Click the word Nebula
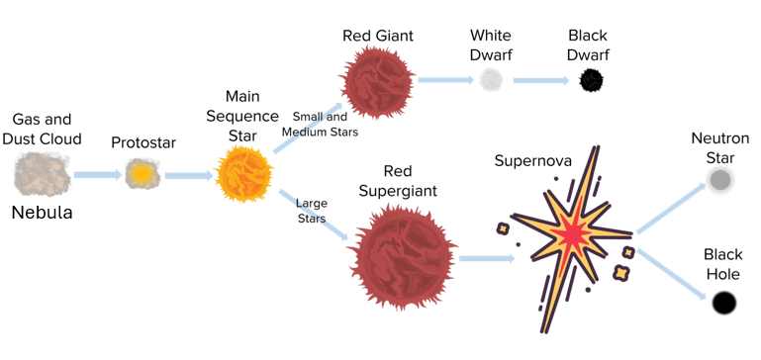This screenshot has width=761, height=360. (43, 213)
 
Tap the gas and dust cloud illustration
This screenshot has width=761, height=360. (43, 175)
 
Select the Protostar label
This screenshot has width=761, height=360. (143, 142)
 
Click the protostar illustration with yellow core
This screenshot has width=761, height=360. (143, 174)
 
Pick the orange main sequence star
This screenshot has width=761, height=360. (244, 174)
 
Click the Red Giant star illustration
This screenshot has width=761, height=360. (378, 82)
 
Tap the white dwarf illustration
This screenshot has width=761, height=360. (491, 79)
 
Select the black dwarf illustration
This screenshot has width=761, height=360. (592, 79)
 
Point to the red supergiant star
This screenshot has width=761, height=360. (402, 257)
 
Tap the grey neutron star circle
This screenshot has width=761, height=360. (720, 180)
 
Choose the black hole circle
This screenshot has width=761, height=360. (724, 303)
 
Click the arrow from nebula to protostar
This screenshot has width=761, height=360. (98, 175)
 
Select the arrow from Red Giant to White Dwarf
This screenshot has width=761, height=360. (445, 80)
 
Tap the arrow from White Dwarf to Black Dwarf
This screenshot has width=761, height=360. (540, 80)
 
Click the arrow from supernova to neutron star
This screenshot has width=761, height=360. (671, 209)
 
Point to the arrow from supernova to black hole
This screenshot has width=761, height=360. (671, 274)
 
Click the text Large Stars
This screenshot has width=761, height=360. (312, 211)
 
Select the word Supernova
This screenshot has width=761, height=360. (532, 160)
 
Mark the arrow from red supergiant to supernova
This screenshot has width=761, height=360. (487, 258)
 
